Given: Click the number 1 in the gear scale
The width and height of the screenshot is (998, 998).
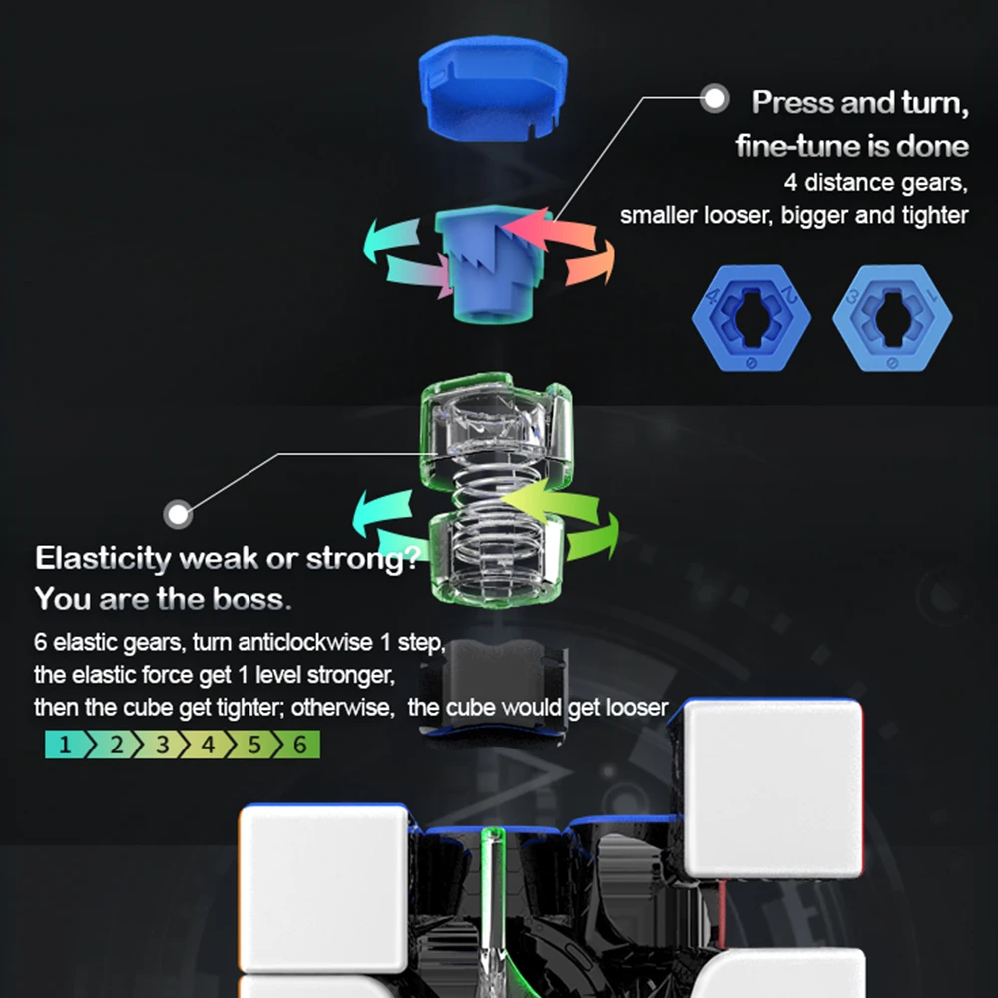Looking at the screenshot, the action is click(x=65, y=745).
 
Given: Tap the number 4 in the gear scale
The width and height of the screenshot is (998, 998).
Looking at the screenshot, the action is click(x=209, y=745).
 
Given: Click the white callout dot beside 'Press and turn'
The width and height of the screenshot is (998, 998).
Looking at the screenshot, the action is click(x=714, y=98).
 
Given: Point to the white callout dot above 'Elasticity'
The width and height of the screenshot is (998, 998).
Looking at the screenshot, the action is click(x=179, y=515).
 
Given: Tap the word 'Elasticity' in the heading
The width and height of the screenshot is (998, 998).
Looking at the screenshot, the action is click(x=103, y=558).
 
